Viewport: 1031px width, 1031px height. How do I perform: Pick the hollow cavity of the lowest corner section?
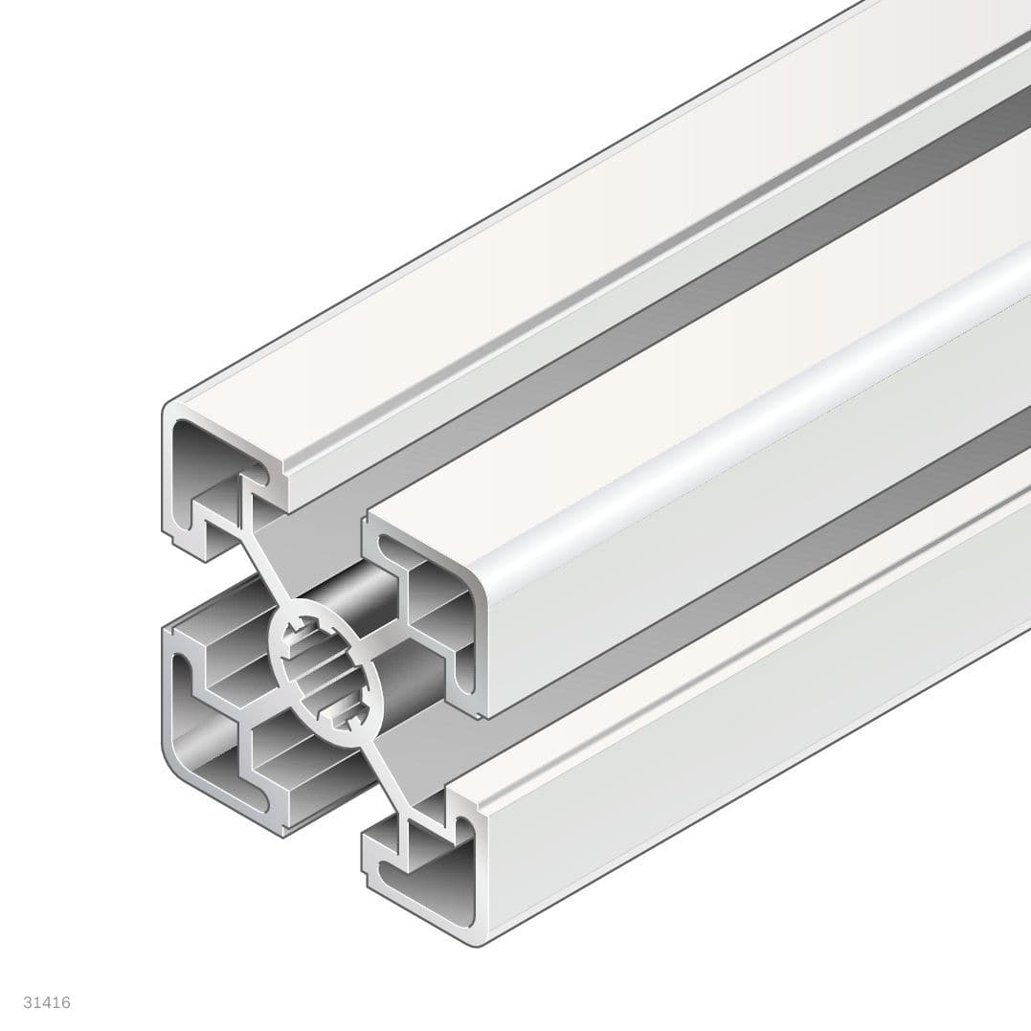436,876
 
